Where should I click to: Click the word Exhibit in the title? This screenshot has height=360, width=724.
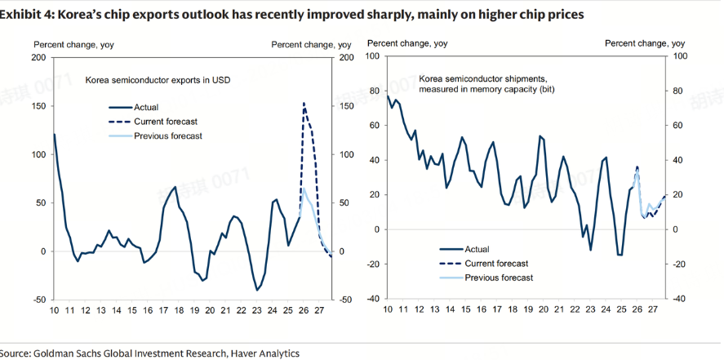pos(24,16)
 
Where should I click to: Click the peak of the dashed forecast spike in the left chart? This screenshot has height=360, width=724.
pos(304,104)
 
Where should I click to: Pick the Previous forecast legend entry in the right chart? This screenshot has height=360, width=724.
pos(498,278)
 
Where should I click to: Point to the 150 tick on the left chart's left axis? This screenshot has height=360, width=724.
pos(38,105)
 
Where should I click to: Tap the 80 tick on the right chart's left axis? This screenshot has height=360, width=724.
pos(375,91)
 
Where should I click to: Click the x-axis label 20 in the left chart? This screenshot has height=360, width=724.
pos(211,311)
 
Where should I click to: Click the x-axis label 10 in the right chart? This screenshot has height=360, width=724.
pos(387,310)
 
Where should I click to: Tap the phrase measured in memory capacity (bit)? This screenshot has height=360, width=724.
pos(486,90)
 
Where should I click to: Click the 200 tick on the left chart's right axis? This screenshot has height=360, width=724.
pos(345,57)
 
